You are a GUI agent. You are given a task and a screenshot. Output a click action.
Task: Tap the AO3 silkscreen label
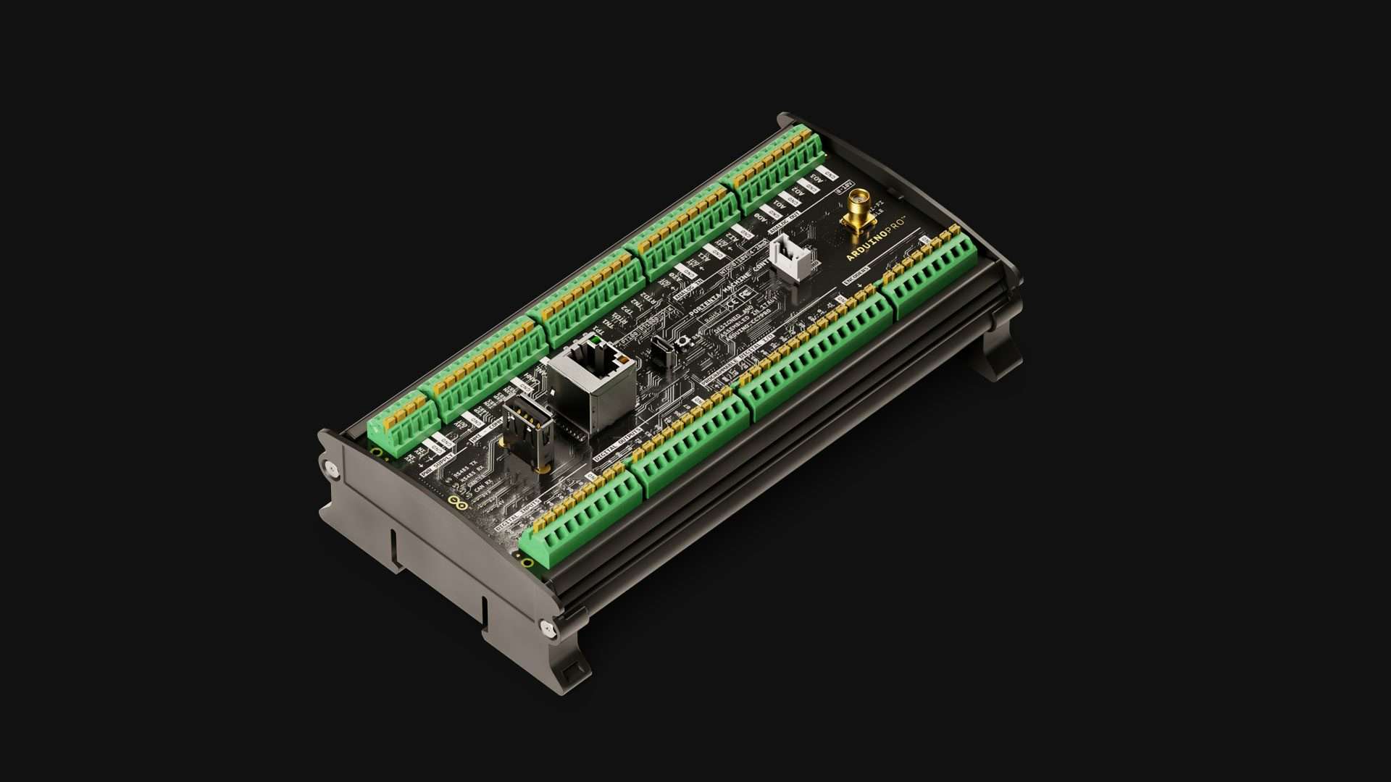[816, 177]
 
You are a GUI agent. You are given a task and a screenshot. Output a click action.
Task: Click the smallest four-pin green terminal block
[403, 423]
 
